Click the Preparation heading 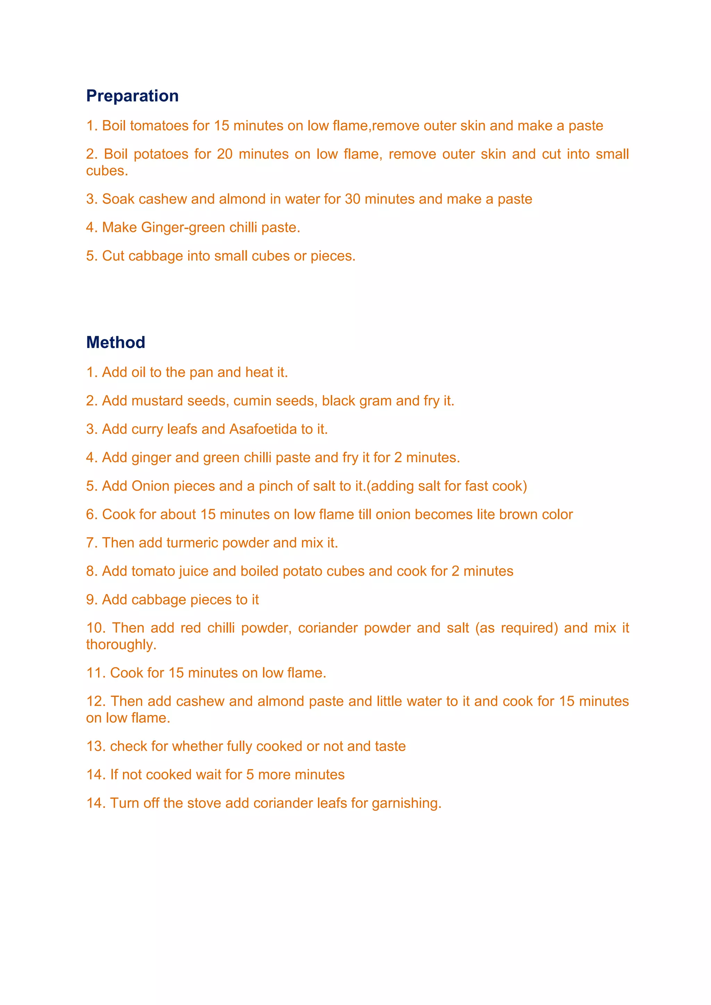click(x=132, y=96)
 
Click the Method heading click(x=116, y=342)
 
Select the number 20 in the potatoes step click(x=225, y=154)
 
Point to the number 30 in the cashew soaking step click(x=352, y=199)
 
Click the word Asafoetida click(x=263, y=429)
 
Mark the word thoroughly click(x=121, y=645)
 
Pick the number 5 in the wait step click(x=250, y=775)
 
